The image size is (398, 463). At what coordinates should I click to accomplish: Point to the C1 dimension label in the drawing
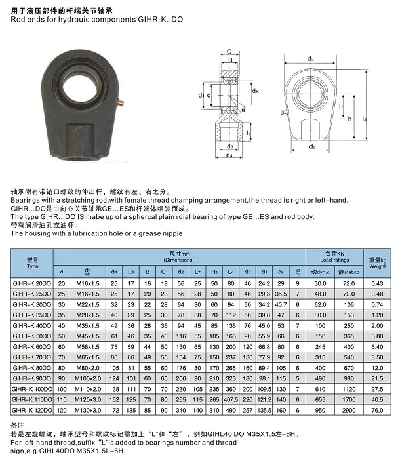point(230,52)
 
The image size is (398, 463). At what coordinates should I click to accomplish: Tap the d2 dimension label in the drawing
point(311,58)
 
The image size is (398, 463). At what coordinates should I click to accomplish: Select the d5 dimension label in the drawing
point(314,147)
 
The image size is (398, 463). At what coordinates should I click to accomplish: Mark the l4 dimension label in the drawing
point(365,119)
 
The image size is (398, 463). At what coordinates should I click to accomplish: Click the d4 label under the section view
point(229,155)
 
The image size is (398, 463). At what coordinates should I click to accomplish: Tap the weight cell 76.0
point(376,410)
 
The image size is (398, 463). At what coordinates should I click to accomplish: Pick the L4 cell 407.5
point(231,399)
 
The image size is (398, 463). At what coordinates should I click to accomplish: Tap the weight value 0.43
point(376,282)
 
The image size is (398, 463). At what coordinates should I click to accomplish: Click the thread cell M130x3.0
point(87,410)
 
